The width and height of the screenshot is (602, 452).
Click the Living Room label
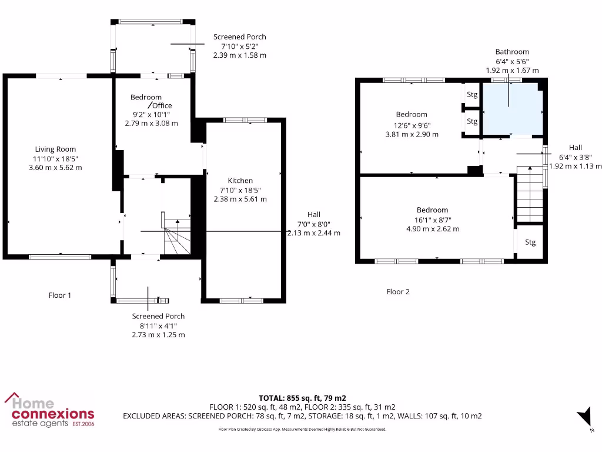pyautogui.click(x=55, y=149)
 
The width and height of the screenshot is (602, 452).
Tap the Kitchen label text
pyautogui.click(x=240, y=181)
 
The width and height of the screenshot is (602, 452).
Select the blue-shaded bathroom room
pyautogui.click(x=511, y=109)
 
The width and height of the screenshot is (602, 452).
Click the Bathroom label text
pyautogui.click(x=511, y=52)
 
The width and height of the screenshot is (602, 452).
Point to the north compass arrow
pyautogui.click(x=584, y=417)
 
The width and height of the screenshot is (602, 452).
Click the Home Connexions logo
pyautogui.click(x=49, y=410)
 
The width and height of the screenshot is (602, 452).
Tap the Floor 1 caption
pyautogui.click(x=59, y=295)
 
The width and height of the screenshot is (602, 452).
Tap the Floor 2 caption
pyautogui.click(x=398, y=292)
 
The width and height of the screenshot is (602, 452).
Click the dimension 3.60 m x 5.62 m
pyautogui.click(x=55, y=168)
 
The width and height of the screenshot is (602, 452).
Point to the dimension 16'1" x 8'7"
pyautogui.click(x=432, y=220)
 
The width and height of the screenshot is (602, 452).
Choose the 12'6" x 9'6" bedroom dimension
pyautogui.click(x=411, y=124)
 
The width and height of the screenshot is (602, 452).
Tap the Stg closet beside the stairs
pyautogui.click(x=530, y=242)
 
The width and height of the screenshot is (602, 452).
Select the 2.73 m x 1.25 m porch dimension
pyautogui.click(x=158, y=335)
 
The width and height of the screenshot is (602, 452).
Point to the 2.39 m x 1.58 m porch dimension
pyautogui.click(x=239, y=55)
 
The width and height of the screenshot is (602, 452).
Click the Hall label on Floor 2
pyautogui.click(x=575, y=148)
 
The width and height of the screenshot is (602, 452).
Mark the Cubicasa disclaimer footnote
pyautogui.click(x=302, y=430)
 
